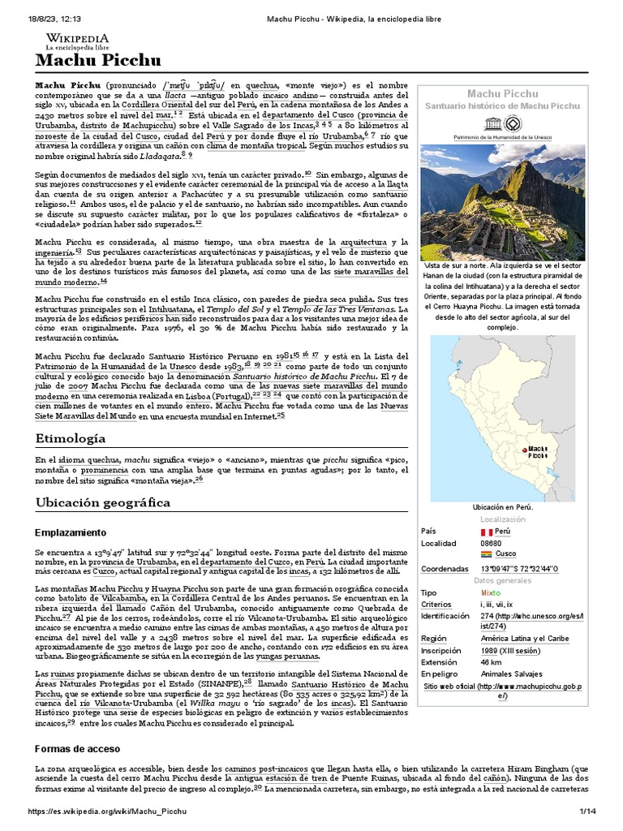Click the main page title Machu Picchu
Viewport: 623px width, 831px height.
(x=97, y=61)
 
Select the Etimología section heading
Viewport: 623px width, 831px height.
(x=70, y=438)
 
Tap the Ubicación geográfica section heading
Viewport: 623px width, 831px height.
(x=103, y=502)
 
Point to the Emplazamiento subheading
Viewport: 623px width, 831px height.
(x=71, y=532)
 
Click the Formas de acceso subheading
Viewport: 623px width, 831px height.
(x=77, y=747)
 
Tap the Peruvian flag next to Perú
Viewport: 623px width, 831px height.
(x=487, y=531)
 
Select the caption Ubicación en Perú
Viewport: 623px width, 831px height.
(x=503, y=506)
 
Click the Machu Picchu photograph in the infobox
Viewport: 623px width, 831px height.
(x=503, y=200)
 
